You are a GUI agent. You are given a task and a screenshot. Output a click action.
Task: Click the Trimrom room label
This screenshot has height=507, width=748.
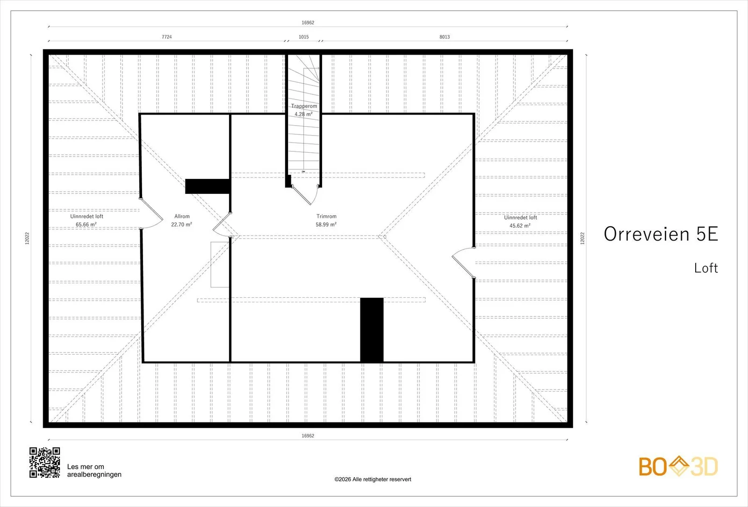(326, 216)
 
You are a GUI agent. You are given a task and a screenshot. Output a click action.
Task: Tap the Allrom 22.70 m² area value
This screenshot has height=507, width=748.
(181, 225)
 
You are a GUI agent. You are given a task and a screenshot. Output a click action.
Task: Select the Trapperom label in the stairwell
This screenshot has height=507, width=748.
(304, 106)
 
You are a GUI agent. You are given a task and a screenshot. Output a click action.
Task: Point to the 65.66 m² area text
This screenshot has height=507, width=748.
(86, 225)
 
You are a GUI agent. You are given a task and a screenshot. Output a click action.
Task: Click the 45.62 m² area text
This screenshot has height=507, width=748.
(520, 226)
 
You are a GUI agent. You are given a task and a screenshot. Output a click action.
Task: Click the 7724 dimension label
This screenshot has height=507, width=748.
(166, 37)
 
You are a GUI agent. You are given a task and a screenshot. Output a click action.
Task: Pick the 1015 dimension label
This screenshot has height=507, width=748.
(303, 37)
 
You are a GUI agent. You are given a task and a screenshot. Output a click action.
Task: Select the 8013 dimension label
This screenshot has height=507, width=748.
(445, 37)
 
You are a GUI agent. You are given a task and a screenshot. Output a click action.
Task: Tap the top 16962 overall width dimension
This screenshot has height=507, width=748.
(308, 23)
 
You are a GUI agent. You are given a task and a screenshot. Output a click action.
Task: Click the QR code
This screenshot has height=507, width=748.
(45, 463)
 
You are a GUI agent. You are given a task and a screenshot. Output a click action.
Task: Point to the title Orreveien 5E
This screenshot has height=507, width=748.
(661, 234)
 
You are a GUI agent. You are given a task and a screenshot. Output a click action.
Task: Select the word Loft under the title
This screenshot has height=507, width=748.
(706, 268)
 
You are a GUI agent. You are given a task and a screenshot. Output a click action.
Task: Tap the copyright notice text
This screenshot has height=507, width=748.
(373, 479)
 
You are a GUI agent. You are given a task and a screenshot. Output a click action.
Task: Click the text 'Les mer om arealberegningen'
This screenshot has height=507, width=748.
(94, 471)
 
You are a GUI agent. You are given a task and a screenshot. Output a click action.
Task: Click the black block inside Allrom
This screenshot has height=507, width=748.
(208, 186)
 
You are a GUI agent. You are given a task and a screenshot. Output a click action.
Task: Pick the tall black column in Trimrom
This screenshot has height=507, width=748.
(372, 330)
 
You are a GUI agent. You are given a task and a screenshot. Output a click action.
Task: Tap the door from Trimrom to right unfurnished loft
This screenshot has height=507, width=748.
(463, 263)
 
